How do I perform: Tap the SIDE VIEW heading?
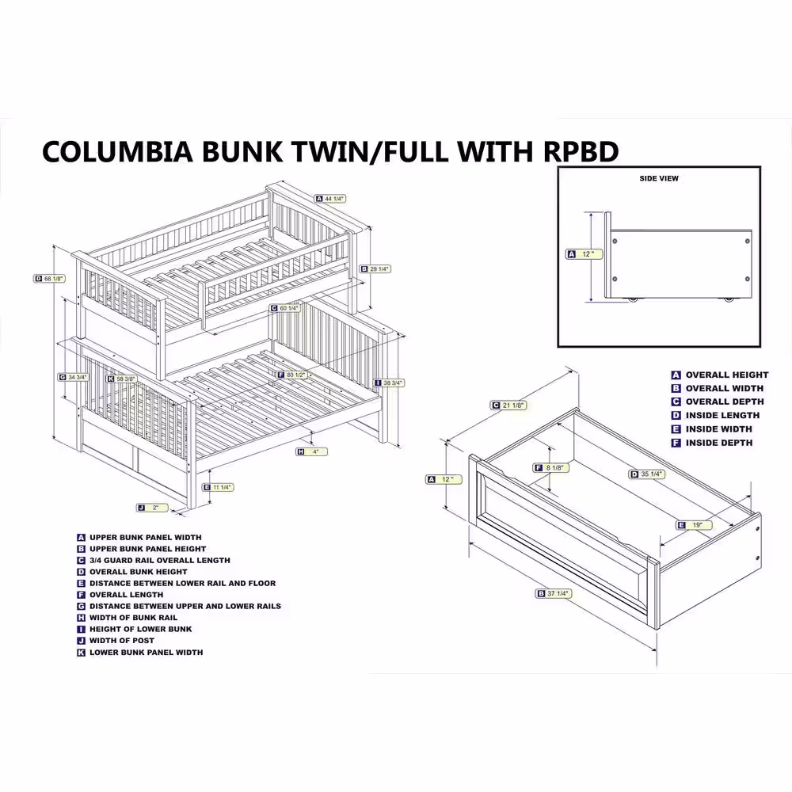coord(659,179)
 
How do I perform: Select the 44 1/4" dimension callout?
coord(330,199)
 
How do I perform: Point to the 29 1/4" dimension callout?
coord(375,268)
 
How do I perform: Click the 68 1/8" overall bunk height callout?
coord(50,278)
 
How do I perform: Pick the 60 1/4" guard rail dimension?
coord(285,308)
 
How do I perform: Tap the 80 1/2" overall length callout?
coord(291,375)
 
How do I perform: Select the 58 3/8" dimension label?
coord(120,379)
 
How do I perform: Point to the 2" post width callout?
coord(150,507)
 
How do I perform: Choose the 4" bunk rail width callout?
coord(312,451)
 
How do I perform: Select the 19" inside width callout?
coord(695,524)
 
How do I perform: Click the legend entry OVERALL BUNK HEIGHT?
coord(138,571)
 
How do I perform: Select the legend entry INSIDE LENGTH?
coord(722,415)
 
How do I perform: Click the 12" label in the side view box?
coord(586,254)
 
